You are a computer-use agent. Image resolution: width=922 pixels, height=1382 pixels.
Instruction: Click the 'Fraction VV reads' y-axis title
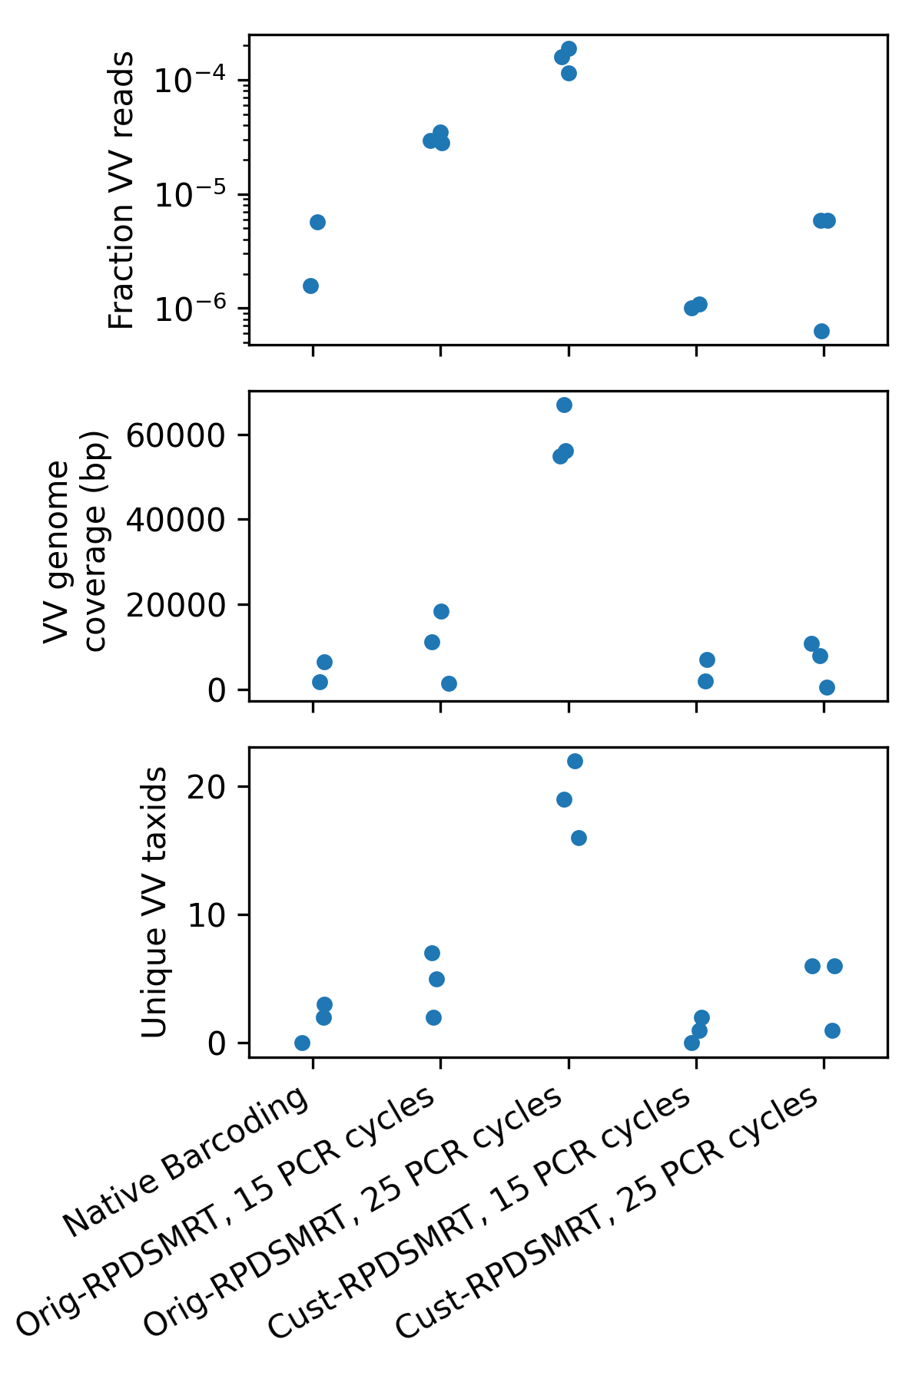(121, 190)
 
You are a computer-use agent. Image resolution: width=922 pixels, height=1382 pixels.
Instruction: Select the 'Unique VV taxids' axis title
(154, 902)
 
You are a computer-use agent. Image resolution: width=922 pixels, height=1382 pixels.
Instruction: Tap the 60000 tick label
(176, 435)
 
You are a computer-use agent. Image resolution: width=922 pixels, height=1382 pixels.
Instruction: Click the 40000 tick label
(176, 521)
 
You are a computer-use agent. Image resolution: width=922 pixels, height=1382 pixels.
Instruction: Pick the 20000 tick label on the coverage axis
(176, 605)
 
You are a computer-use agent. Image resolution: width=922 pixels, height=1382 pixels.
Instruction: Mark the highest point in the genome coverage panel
(564, 405)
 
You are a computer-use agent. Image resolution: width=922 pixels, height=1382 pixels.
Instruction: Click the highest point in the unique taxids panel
(575, 761)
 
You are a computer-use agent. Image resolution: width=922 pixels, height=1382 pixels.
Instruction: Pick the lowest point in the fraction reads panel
(821, 331)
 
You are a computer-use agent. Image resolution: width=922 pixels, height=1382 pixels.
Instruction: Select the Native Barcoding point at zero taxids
(302, 1043)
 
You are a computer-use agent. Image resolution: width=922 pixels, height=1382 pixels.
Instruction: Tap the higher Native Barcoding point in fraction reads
(317, 222)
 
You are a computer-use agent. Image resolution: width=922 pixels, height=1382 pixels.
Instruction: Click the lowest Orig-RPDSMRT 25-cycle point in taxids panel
(579, 838)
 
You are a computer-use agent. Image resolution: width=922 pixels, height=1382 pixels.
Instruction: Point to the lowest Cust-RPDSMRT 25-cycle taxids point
(832, 1030)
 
